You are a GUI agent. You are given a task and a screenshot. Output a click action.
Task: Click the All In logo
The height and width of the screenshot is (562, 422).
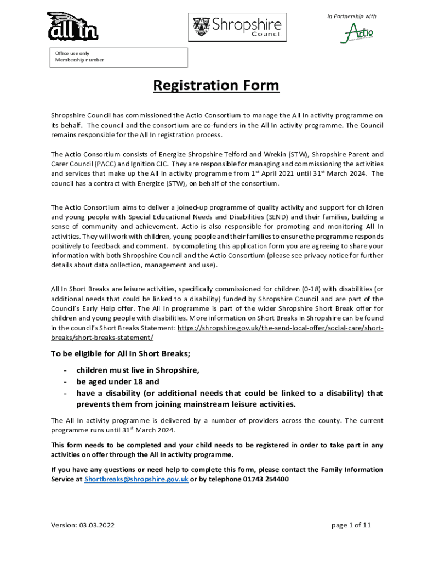coord(72,26)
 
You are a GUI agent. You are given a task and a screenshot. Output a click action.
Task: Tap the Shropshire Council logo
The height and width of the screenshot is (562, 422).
coord(237,27)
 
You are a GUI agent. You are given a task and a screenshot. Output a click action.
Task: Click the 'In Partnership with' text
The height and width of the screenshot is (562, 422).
coord(351,16)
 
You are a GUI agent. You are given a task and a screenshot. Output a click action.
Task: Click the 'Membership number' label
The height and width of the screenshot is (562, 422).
coord(79,60)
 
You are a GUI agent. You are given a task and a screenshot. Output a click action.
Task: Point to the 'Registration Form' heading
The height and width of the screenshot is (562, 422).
coord(216,86)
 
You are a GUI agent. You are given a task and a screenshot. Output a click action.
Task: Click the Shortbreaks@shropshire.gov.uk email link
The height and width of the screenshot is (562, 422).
coord(136,479)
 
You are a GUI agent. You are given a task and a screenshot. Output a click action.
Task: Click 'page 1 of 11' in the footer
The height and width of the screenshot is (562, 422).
coord(351,525)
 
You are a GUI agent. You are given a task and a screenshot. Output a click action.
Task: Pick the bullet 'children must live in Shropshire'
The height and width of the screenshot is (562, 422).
coord(138,370)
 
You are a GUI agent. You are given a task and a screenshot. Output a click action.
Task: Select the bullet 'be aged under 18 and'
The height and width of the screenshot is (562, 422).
coord(118,381)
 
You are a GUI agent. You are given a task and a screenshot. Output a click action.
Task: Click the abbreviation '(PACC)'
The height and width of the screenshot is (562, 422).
coord(125,164)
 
